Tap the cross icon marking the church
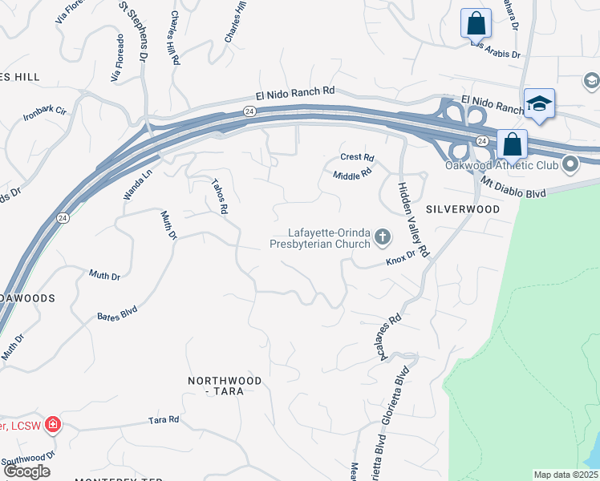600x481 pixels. [x=383, y=236]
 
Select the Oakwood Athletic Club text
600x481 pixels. [x=501, y=166]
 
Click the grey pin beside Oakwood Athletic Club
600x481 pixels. [x=571, y=165]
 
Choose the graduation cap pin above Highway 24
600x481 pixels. [x=540, y=103]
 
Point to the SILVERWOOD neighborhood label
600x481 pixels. [x=463, y=208]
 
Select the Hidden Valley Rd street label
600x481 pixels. [x=413, y=217]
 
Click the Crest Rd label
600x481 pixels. [x=358, y=157]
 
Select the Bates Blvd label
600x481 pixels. [x=117, y=313]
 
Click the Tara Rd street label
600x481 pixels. [x=163, y=419]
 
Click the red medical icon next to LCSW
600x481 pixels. [x=53, y=423]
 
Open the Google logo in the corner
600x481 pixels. [x=26, y=471]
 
